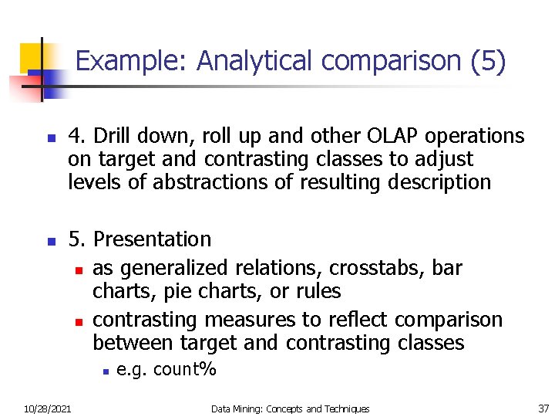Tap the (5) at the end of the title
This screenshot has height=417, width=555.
point(487,61)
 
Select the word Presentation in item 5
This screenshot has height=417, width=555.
point(151,240)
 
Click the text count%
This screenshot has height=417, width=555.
point(185,370)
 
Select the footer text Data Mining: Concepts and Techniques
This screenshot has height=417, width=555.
point(291,409)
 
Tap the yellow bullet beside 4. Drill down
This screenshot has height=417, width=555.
point(49,139)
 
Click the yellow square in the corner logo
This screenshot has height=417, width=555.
point(31,56)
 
